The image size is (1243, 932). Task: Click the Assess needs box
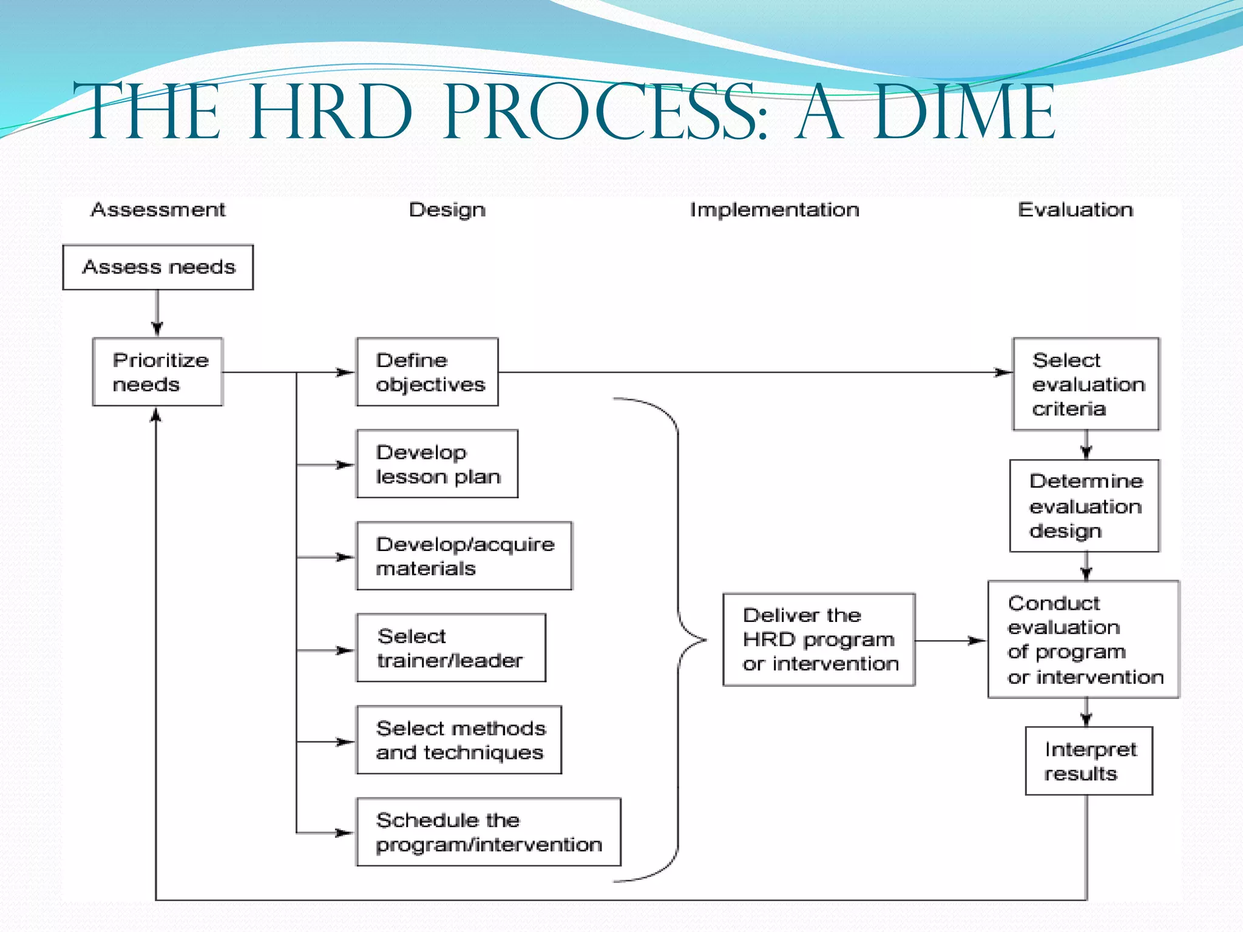(x=158, y=267)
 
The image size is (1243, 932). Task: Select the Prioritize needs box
(x=158, y=371)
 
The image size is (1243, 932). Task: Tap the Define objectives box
(x=427, y=371)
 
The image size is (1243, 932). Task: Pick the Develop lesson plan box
(x=437, y=464)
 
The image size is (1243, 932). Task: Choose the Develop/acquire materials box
(x=464, y=556)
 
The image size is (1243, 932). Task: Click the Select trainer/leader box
(x=451, y=648)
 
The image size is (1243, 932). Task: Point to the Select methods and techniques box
(x=459, y=740)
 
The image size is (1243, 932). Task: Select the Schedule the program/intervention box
(x=489, y=832)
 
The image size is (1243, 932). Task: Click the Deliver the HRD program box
(x=819, y=640)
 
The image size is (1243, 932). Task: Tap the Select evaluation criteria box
(x=1086, y=384)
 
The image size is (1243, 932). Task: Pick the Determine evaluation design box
(x=1085, y=505)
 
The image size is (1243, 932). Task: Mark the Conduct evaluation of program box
(x=1083, y=640)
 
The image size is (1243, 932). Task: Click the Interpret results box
(x=1089, y=761)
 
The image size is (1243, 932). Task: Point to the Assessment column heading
(x=158, y=210)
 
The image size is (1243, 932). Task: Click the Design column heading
(x=447, y=210)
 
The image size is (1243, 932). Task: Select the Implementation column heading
(x=774, y=210)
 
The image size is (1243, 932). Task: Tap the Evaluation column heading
(x=1075, y=210)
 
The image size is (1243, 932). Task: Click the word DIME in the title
(x=965, y=112)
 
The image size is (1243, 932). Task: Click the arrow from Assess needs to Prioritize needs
(x=157, y=313)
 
